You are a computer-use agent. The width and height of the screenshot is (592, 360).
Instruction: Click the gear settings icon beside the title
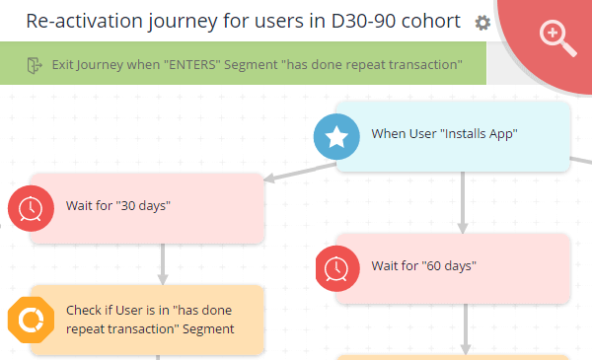[482, 23]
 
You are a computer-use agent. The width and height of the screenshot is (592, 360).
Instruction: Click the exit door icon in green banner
[35, 65]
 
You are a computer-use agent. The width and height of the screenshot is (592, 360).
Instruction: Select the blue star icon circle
[336, 136]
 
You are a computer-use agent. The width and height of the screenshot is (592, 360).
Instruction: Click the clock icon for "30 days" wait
[32, 206]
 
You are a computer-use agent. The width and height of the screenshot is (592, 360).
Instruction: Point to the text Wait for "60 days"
[424, 265]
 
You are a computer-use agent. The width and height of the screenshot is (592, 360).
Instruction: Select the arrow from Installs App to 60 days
[463, 202]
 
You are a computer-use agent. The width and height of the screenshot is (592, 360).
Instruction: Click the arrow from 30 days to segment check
[163, 263]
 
